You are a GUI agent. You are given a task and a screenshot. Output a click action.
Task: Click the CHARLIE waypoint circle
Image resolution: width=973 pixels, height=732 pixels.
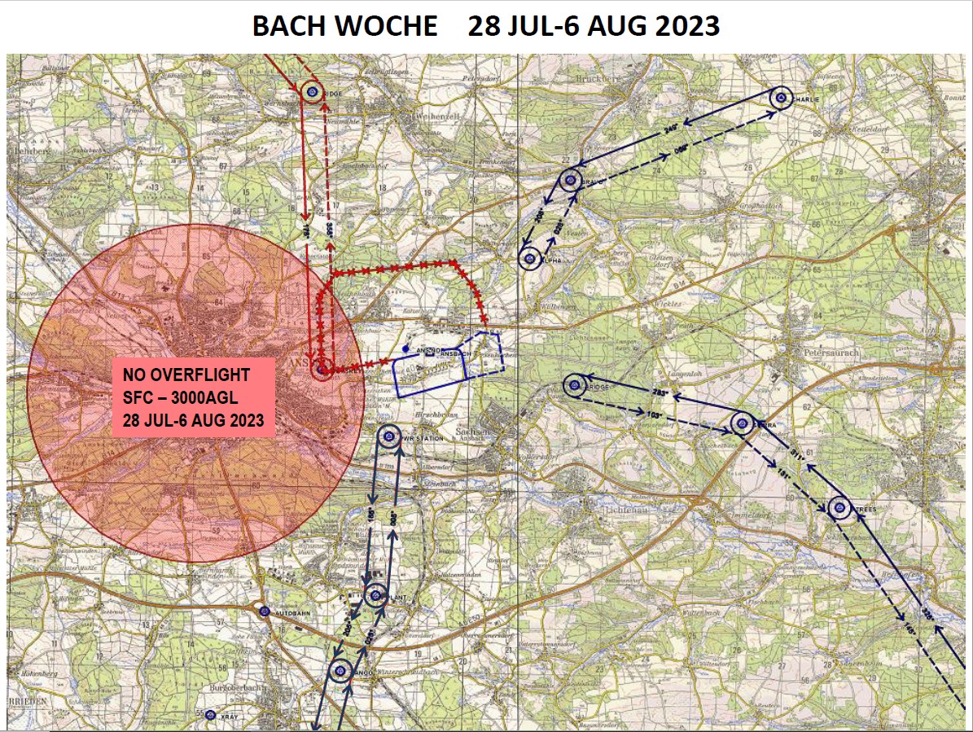click(781, 99)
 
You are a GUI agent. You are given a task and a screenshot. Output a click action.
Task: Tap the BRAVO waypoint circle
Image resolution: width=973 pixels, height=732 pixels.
click(571, 181)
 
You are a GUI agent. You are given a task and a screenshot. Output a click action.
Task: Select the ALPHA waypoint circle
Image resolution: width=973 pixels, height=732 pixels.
click(529, 259)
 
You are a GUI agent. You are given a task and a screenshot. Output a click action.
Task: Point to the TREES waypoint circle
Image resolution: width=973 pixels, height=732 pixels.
click(837, 510)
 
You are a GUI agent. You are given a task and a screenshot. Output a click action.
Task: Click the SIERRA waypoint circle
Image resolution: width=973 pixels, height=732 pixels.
click(742, 423)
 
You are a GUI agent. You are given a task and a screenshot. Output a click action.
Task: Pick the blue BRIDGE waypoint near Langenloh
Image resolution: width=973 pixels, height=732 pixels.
click(575, 385)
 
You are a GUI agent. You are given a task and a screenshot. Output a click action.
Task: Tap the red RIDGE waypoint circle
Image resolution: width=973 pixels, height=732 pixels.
click(311, 92)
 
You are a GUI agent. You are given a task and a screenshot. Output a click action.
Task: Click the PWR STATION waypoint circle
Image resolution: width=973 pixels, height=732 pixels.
click(389, 437)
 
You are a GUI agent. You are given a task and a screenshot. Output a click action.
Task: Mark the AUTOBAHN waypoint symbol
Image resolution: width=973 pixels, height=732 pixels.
click(264, 611)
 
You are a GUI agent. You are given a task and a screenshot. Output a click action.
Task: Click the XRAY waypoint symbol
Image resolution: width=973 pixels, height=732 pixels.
click(210, 715)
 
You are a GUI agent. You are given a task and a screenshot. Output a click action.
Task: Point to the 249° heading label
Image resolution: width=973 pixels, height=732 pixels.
click(672, 129)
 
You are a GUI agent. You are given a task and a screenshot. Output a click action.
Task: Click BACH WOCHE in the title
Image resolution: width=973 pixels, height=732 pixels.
click(344, 25)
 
